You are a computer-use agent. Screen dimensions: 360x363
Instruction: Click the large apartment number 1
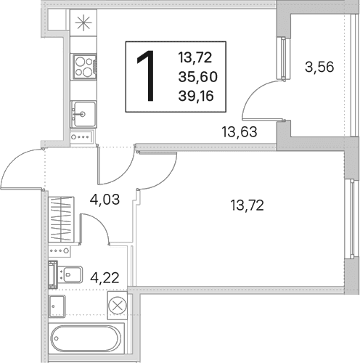[x=146, y=76]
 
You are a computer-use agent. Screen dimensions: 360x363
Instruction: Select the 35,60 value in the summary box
[x=198, y=77]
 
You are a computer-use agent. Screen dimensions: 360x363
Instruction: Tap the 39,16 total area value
[x=196, y=96]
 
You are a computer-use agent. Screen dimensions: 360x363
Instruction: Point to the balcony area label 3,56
[x=319, y=67]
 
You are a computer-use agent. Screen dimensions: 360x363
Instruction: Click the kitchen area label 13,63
[x=240, y=132]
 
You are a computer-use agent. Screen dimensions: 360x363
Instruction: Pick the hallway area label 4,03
[x=105, y=200]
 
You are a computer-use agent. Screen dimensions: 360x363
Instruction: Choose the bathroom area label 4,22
[x=105, y=278]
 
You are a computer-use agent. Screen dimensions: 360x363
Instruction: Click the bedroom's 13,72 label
[x=247, y=205]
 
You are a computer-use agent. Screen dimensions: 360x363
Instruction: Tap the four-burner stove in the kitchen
[x=84, y=66]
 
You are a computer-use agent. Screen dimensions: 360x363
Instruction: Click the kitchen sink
[x=83, y=114]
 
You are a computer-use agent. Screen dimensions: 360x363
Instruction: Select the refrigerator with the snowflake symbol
[x=83, y=23]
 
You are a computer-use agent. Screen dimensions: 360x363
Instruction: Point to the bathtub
[x=86, y=339]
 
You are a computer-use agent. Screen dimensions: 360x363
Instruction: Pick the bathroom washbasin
[x=57, y=306]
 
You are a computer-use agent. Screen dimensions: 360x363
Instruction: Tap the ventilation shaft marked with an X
[x=118, y=306]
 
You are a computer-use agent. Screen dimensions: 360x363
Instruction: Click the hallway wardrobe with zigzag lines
[x=61, y=219]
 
